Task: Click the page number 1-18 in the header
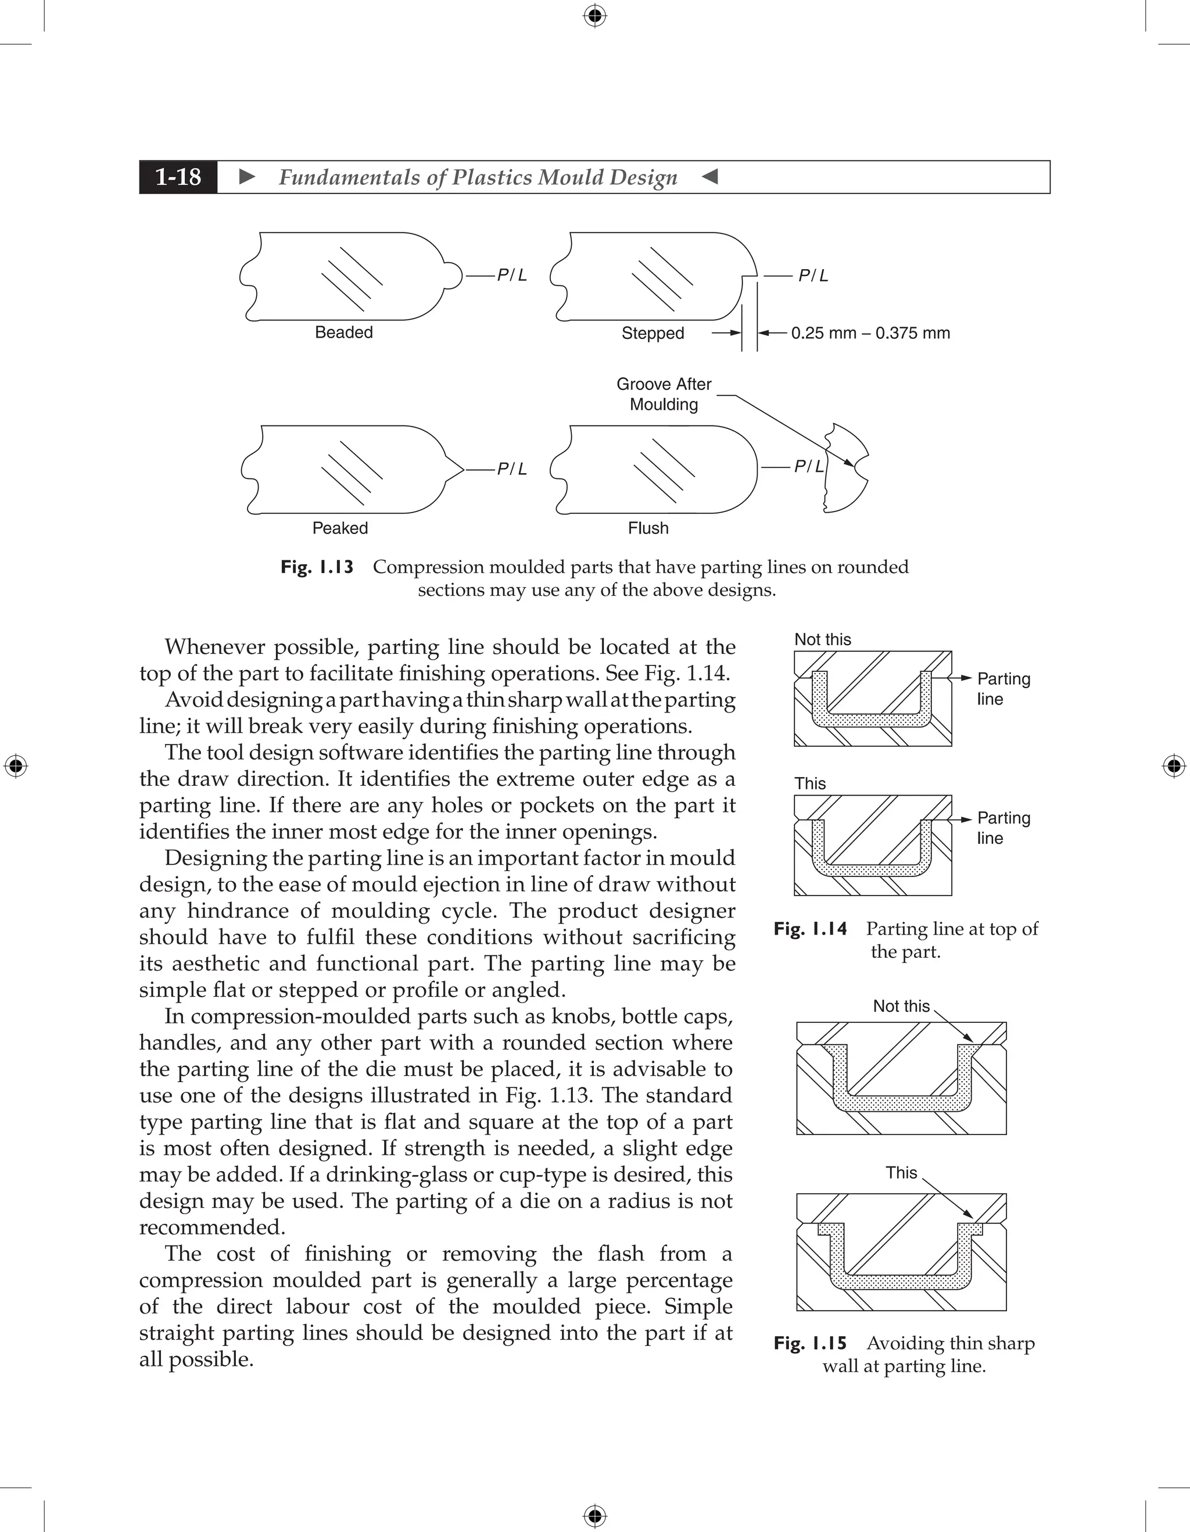click(x=178, y=177)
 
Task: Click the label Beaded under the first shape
click(x=343, y=332)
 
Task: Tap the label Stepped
click(x=652, y=333)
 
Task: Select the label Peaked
click(x=339, y=528)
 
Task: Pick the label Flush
click(x=648, y=528)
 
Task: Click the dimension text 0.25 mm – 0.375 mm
click(x=870, y=333)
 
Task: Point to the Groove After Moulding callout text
click(x=664, y=394)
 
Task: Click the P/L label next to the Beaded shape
click(x=512, y=275)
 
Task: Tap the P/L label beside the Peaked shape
click(x=512, y=469)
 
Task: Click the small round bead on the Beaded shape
click(x=454, y=275)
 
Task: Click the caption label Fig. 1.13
click(x=317, y=567)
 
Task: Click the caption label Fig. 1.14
click(x=810, y=929)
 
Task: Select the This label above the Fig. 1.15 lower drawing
click(x=901, y=1173)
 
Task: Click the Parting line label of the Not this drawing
click(x=1003, y=689)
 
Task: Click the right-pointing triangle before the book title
click(x=247, y=177)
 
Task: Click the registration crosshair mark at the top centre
click(x=594, y=16)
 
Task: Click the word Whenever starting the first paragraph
click(x=214, y=647)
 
